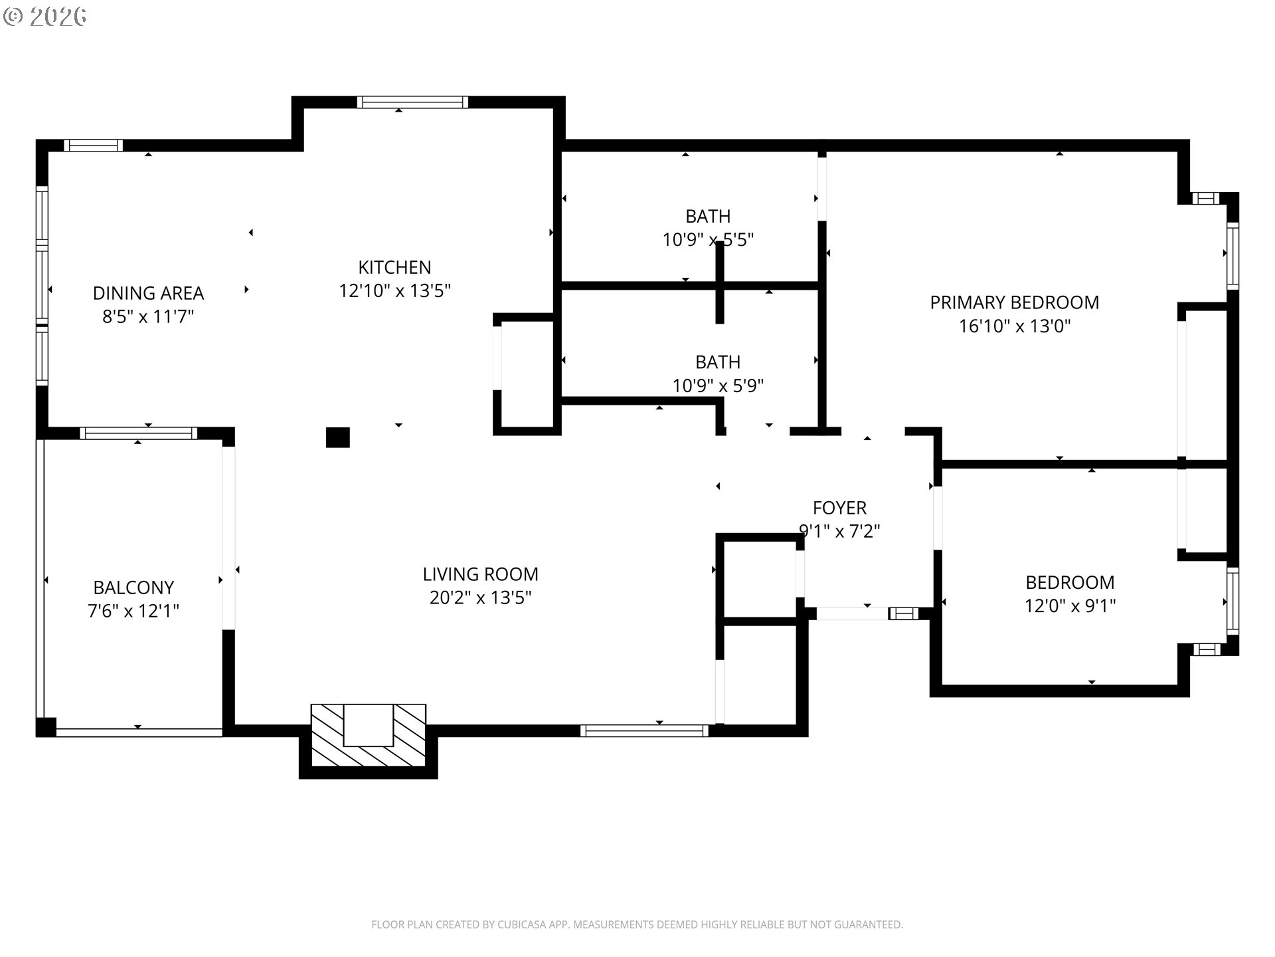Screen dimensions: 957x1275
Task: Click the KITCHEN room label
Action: tap(394, 267)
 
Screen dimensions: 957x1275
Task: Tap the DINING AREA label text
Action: tap(148, 293)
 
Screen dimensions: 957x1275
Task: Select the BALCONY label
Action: tap(133, 587)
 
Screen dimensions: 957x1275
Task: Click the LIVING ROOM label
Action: tap(480, 574)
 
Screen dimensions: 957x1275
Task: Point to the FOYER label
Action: tap(839, 508)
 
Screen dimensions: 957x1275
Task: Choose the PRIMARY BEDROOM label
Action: tap(1014, 302)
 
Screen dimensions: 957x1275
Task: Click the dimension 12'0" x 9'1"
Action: tap(1070, 606)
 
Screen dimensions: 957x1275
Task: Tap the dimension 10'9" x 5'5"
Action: tap(708, 239)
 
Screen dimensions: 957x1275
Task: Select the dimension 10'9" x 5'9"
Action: tap(718, 385)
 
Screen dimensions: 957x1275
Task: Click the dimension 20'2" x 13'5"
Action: tap(480, 597)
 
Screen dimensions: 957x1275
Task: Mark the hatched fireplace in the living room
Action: tap(369, 736)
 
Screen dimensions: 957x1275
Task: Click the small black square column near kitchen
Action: tap(337, 437)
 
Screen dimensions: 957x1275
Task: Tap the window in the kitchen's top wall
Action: tap(412, 102)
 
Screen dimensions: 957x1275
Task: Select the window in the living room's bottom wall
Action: tap(644, 731)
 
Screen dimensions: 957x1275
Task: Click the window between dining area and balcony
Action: tap(139, 433)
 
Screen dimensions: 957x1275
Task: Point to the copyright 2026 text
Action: tap(45, 17)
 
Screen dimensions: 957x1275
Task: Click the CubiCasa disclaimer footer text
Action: tap(637, 924)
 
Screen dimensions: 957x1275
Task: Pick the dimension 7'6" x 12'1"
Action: tap(133, 611)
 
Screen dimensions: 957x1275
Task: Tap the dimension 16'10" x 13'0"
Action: tap(1014, 326)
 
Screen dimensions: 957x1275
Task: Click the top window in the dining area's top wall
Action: tap(93, 146)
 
